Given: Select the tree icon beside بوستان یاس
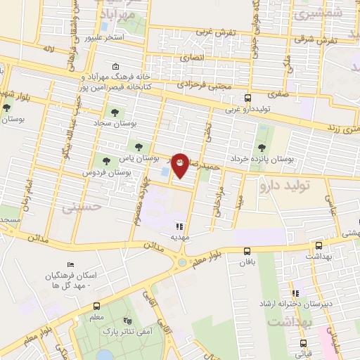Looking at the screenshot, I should pyautogui.click(x=107, y=159).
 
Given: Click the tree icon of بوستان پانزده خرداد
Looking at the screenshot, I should pyautogui.click(x=262, y=148).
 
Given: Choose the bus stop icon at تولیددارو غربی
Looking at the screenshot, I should pyautogui.click(x=247, y=98).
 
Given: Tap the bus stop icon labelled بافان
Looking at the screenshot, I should pyautogui.click(x=247, y=251).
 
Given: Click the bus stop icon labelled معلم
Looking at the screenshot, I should pyautogui.click(x=96, y=306).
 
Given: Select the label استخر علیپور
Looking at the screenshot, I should pyautogui.click(x=104, y=37).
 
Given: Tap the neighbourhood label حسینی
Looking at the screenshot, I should pyautogui.click(x=77, y=207).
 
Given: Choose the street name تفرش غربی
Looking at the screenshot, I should pyautogui.click(x=213, y=32).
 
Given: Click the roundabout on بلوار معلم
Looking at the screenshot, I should pyautogui.click(x=184, y=263).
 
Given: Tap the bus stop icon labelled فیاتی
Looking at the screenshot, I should pyautogui.click(x=303, y=345).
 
